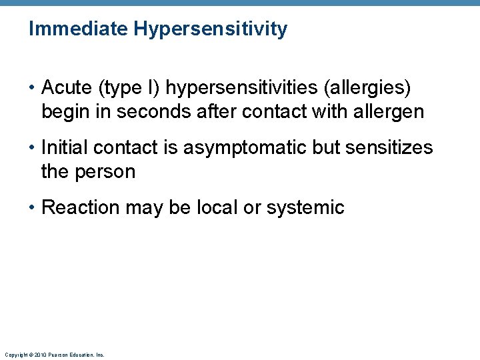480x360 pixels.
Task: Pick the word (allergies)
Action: click(x=377, y=87)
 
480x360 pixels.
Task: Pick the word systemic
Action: click(x=305, y=207)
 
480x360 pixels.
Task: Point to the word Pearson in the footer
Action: click(x=57, y=355)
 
